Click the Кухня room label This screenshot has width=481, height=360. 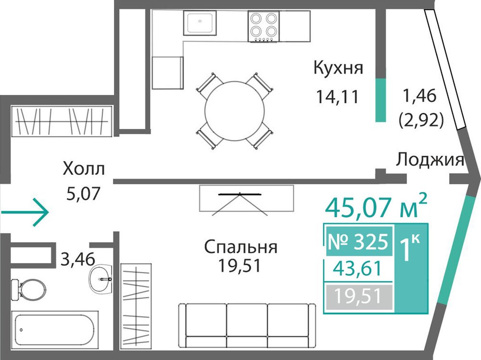point(338,68)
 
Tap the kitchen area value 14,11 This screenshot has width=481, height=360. point(337,97)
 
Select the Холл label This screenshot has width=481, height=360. point(84,169)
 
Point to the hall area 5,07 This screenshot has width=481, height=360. point(83,194)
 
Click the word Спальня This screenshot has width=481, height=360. point(241,247)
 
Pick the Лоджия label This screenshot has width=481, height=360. point(430,160)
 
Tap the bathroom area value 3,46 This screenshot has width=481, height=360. point(78,259)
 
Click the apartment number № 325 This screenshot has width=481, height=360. point(358,242)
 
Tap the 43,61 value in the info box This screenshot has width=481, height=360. point(358,268)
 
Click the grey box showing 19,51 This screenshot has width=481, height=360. point(359,297)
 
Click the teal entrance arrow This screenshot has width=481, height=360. point(25,212)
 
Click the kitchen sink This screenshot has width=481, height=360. point(200,23)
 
